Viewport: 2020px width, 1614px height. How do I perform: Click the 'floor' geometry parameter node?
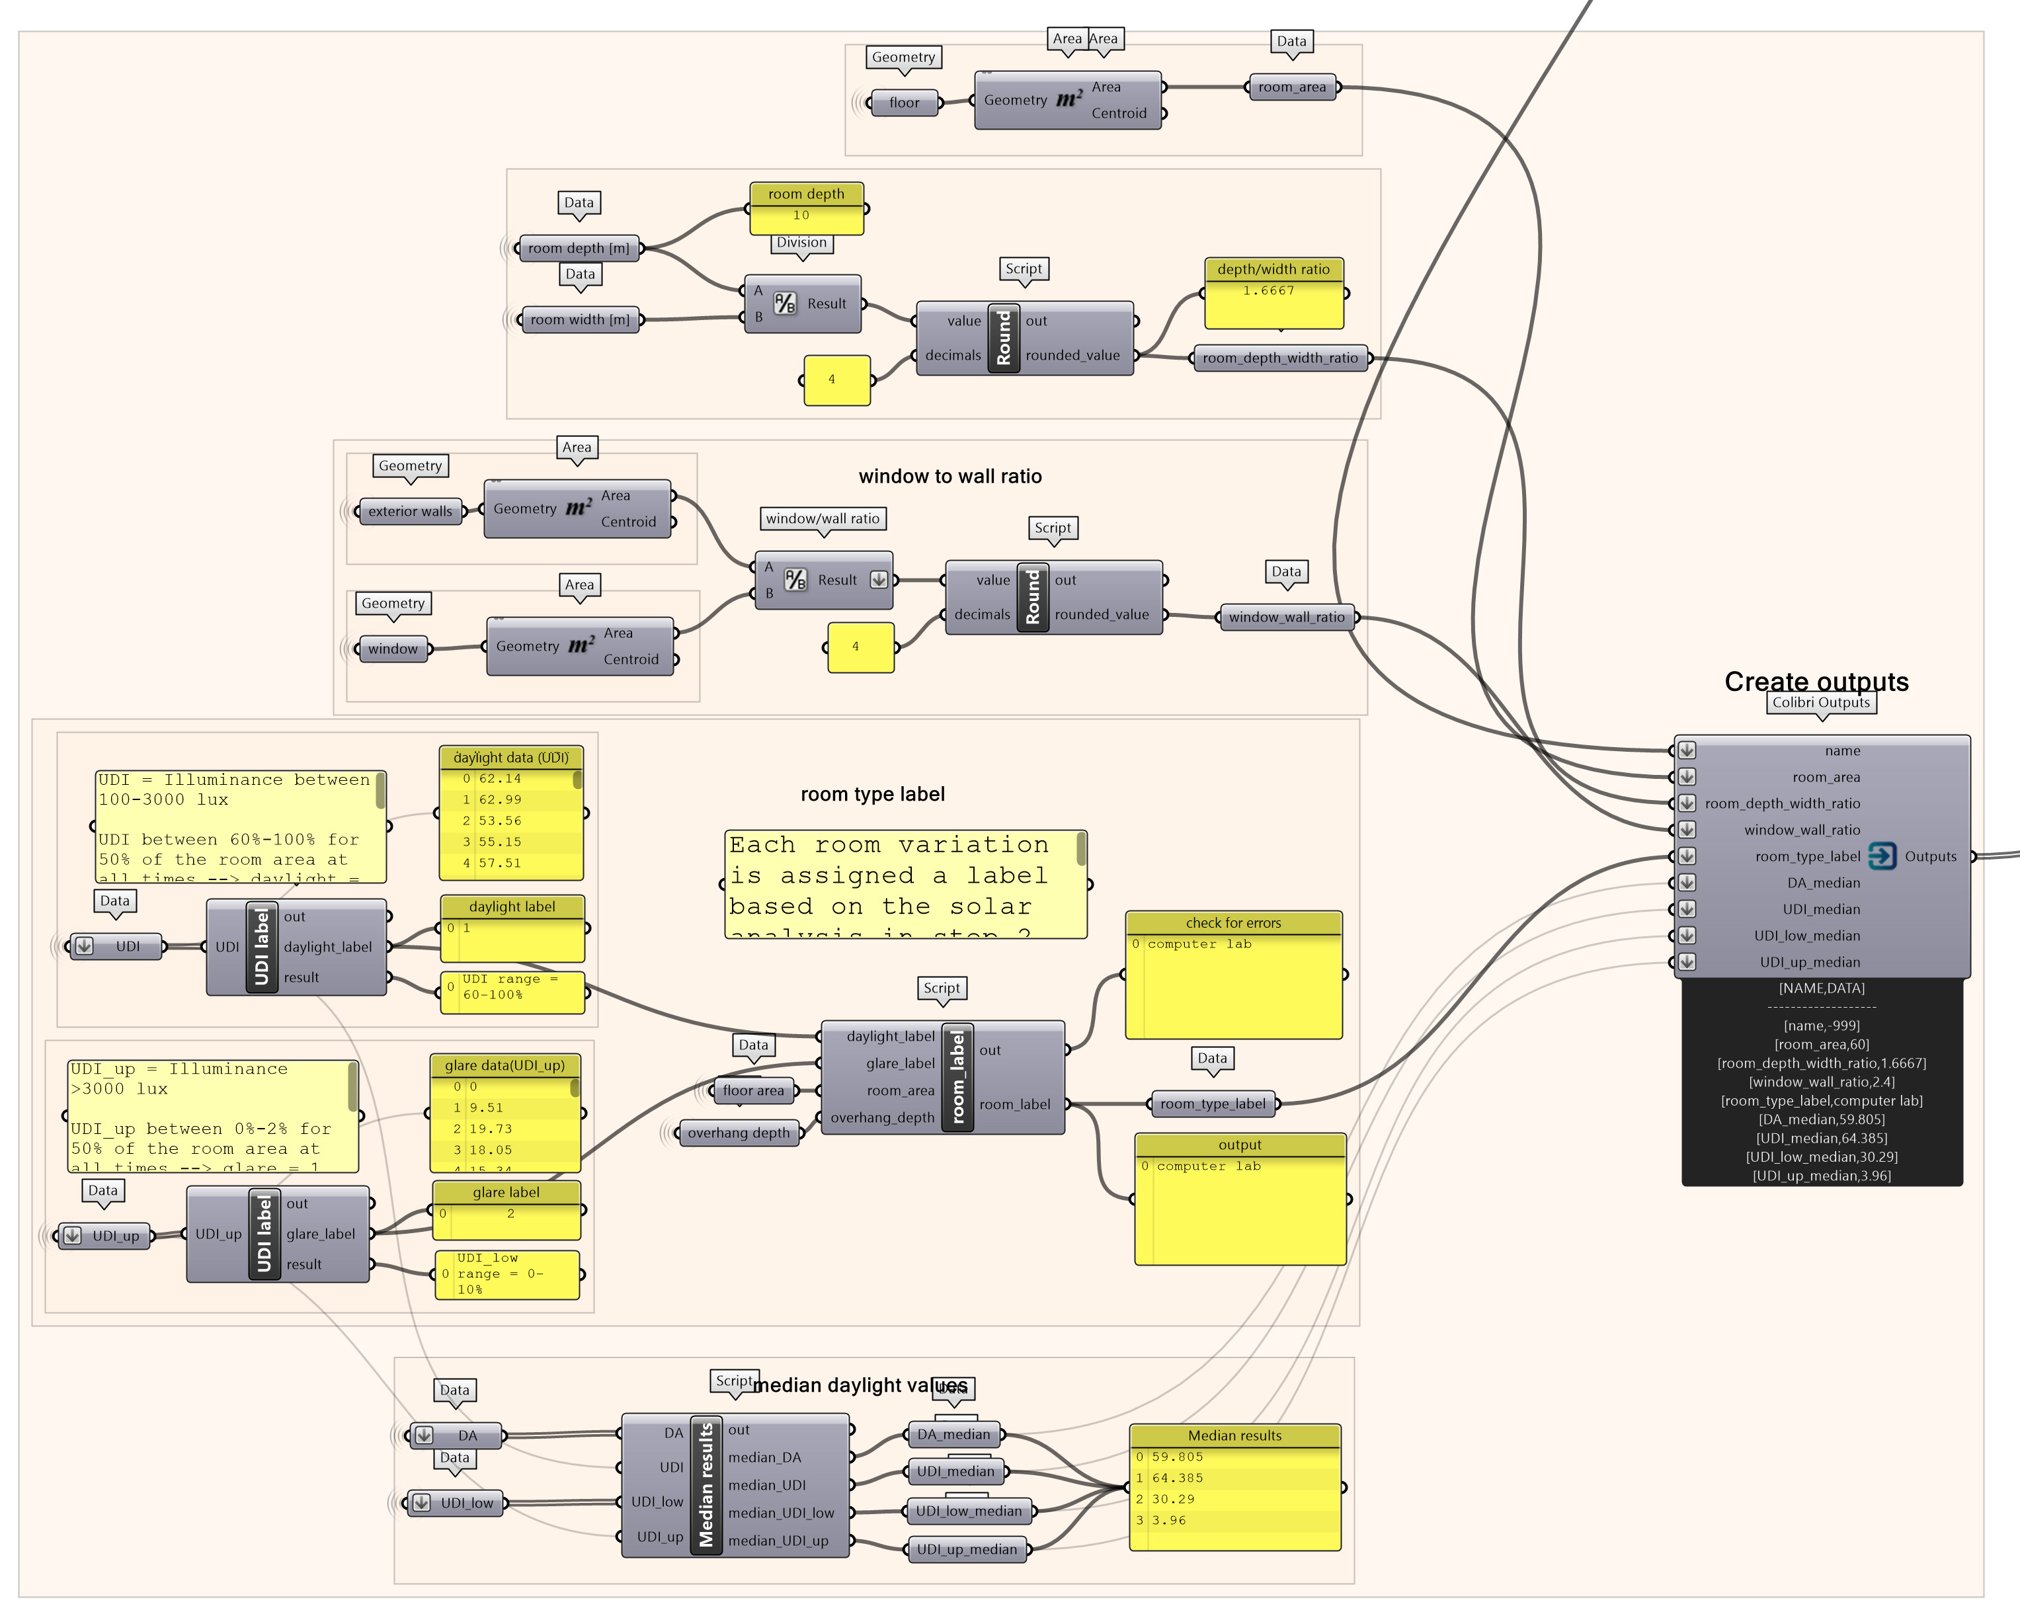[x=904, y=103]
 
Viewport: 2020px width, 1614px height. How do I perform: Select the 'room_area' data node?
[x=1292, y=87]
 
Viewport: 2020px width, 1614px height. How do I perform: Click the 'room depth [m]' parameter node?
[x=578, y=248]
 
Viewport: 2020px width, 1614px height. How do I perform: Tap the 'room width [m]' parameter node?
[x=579, y=319]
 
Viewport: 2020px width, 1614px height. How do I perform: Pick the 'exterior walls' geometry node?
[x=409, y=512]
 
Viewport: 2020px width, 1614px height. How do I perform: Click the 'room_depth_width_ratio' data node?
[x=1280, y=358]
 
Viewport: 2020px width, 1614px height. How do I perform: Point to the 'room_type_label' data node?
[x=1213, y=1104]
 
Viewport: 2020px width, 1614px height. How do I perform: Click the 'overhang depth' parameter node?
[x=739, y=1133]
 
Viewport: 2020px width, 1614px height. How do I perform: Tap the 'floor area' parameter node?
[x=753, y=1090]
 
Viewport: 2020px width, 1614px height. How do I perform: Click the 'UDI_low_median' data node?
[x=969, y=1511]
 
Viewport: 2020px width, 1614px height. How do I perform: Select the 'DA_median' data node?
[x=953, y=1434]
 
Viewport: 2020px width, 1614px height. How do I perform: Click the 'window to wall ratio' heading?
[x=950, y=477]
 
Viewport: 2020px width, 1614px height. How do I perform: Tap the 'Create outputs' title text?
[x=1816, y=681]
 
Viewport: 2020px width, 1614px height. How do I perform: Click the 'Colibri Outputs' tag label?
[x=1820, y=703]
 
